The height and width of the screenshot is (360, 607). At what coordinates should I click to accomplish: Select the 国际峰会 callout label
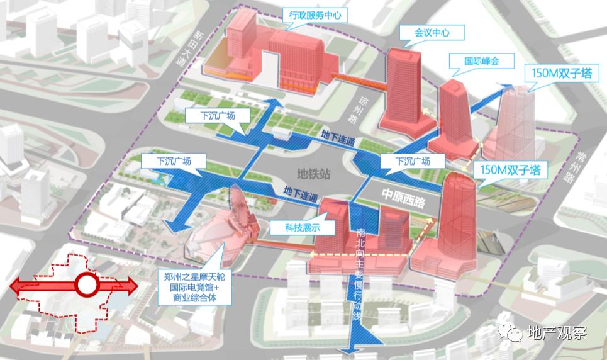[481, 61]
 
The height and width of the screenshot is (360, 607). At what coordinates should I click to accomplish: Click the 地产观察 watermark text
[556, 334]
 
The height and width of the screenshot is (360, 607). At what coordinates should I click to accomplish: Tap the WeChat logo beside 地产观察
[512, 332]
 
